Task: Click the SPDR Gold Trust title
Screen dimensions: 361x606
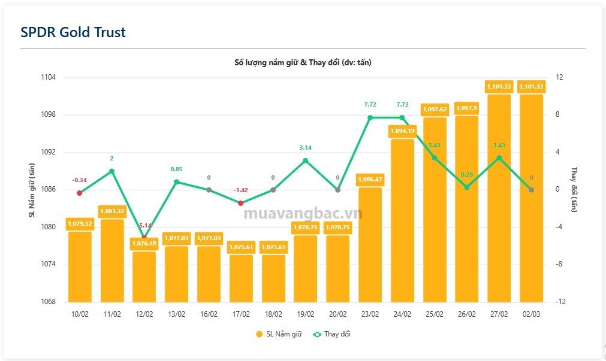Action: (x=73, y=32)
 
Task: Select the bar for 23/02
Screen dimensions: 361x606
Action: (x=370, y=245)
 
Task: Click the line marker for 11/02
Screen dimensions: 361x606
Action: (x=111, y=171)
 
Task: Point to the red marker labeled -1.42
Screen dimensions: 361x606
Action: (x=241, y=203)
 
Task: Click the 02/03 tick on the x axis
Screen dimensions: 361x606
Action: (x=531, y=314)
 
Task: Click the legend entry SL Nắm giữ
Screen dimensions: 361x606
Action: (x=280, y=334)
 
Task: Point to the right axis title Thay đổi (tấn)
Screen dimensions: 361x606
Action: (x=574, y=190)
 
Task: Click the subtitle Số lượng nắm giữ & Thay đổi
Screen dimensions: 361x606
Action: (x=303, y=62)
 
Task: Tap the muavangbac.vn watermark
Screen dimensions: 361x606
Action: (x=303, y=214)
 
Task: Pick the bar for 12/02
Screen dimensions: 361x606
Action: (x=144, y=277)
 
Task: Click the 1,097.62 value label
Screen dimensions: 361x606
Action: (x=435, y=110)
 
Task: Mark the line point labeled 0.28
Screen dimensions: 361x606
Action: (x=467, y=187)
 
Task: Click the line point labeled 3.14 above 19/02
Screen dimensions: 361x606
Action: (x=305, y=160)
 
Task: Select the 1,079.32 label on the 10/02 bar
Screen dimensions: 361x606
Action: (x=79, y=223)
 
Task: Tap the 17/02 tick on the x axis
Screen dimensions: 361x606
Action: (x=241, y=314)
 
